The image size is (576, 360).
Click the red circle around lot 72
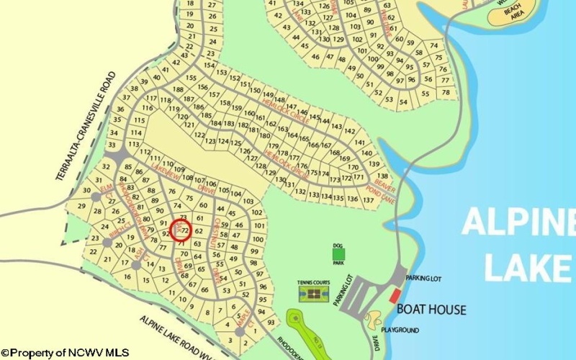point(183,230)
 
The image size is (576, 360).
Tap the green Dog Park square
point(339,253)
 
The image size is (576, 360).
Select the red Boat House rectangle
point(394,294)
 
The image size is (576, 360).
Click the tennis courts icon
point(314,293)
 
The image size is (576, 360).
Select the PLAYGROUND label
point(400,330)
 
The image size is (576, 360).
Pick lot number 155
point(191,77)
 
